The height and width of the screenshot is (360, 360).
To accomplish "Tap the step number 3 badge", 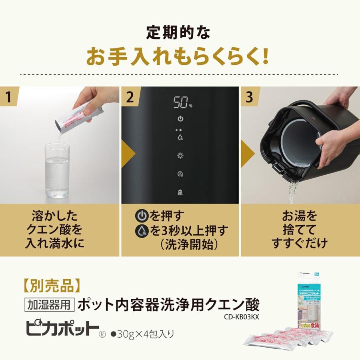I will (x=250, y=98).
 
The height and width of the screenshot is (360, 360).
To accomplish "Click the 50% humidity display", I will (x=182, y=102).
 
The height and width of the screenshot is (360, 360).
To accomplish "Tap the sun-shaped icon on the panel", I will (x=180, y=156).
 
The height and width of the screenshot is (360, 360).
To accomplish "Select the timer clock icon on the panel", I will (x=180, y=174).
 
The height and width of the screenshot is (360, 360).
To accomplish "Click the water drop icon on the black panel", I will (x=180, y=137).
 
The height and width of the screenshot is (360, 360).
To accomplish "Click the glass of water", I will (x=57, y=171).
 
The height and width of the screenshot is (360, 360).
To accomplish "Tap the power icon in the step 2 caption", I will (x=141, y=216).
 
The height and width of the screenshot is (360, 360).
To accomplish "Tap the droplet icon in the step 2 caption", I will (x=141, y=231).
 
